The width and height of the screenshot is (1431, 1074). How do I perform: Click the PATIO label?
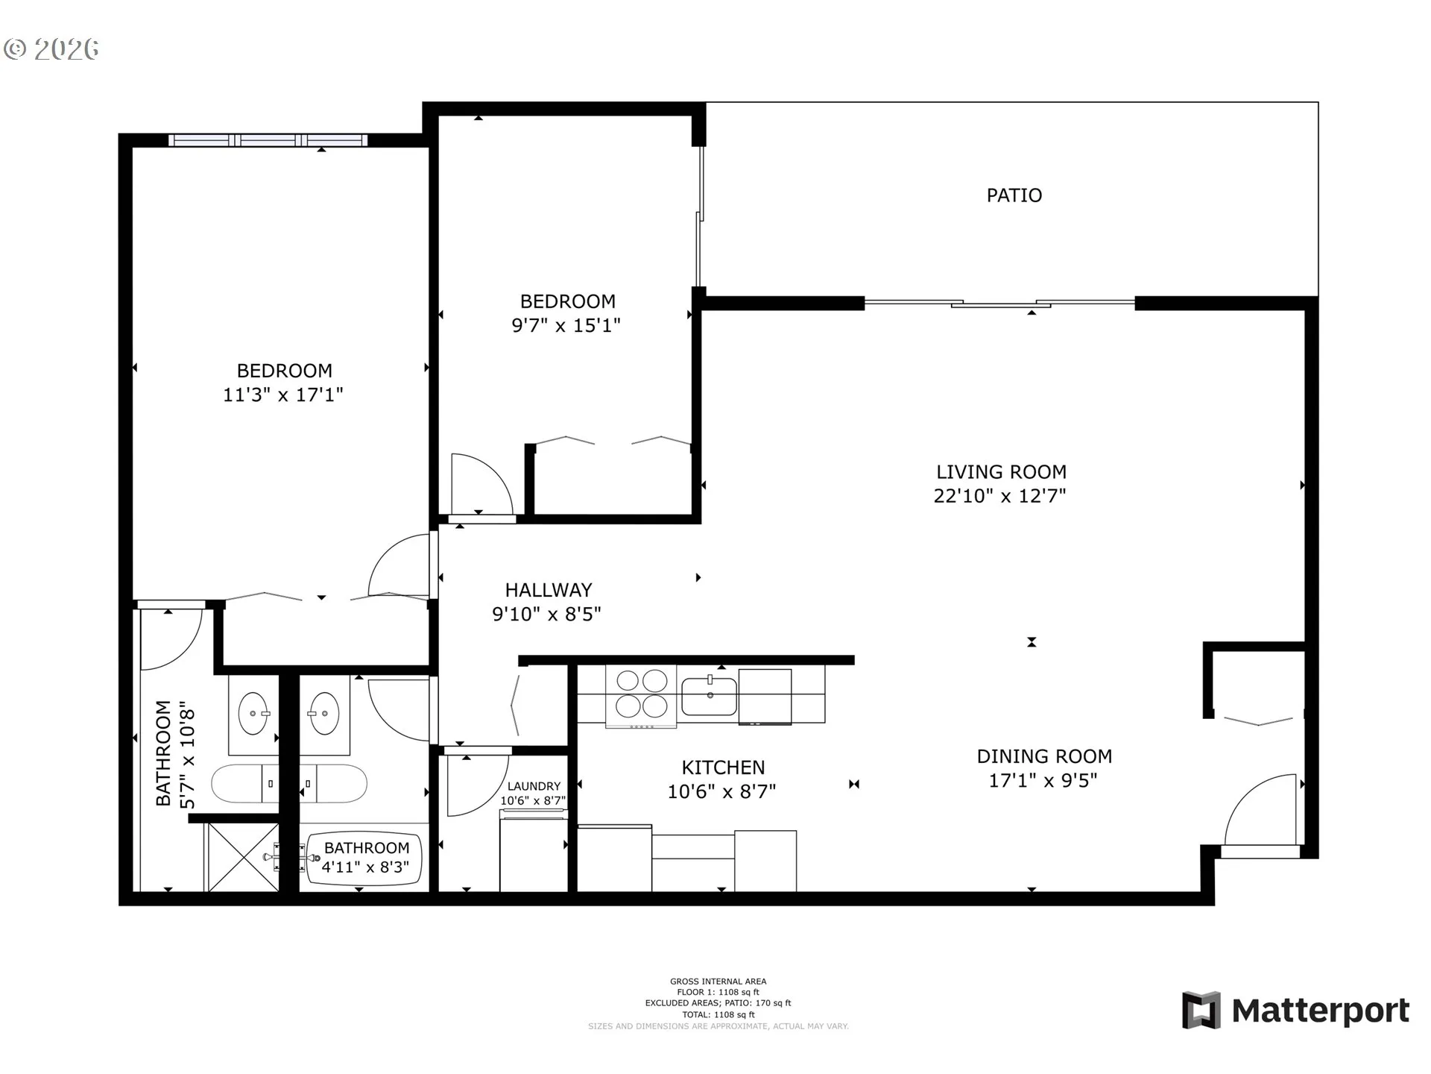[1014, 195]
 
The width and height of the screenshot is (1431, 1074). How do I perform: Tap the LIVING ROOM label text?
[1001, 472]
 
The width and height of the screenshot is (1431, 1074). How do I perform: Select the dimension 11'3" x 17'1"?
[283, 395]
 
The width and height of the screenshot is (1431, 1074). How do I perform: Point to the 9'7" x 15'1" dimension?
[566, 325]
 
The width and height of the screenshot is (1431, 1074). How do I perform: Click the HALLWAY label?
[549, 590]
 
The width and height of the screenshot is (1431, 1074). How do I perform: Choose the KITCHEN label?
[723, 767]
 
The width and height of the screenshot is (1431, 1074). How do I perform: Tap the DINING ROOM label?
[1044, 756]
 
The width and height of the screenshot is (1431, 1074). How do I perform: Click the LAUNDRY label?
[534, 786]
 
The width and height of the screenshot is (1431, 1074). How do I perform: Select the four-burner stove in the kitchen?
[641, 695]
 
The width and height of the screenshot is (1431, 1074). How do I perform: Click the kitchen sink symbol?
[709, 695]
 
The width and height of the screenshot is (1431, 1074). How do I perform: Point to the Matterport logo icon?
[1201, 1011]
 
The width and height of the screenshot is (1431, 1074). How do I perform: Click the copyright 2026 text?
[51, 49]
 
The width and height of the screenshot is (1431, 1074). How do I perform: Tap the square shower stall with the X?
[243, 857]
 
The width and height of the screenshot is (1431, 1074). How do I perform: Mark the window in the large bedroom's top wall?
[268, 140]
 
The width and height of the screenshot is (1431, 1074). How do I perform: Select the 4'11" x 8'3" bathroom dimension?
[365, 867]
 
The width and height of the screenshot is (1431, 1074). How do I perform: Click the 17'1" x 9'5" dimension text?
[1043, 781]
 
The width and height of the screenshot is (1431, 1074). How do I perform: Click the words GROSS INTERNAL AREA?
[718, 982]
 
